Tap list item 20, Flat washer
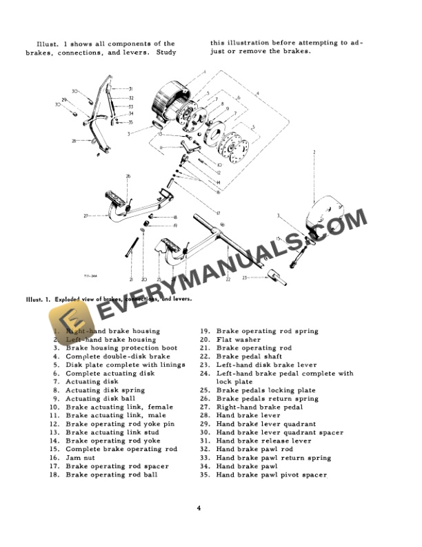tap(239, 339)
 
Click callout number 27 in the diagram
tap(86, 216)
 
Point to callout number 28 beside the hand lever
tap(73, 141)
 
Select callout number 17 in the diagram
tap(218, 213)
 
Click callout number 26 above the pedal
tap(128, 177)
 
